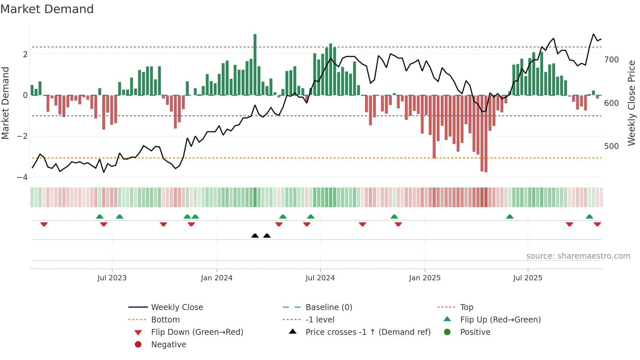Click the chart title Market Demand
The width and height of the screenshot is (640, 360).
(x=47, y=9)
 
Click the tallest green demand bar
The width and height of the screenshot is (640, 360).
(x=255, y=64)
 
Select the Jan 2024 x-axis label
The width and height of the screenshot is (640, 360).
(x=216, y=278)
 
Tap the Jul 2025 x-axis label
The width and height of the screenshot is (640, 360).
(x=527, y=278)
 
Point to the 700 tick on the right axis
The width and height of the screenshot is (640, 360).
(x=611, y=60)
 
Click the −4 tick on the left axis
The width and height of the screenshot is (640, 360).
(x=22, y=177)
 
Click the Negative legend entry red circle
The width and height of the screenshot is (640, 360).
(x=138, y=345)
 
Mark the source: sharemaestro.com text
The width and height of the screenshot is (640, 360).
(x=578, y=256)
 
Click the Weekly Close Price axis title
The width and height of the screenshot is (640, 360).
(x=632, y=103)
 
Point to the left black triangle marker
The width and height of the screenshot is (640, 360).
(x=255, y=236)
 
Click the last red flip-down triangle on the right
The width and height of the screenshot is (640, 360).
(x=597, y=224)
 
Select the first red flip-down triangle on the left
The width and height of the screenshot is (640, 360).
(x=44, y=224)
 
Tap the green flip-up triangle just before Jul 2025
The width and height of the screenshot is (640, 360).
(x=510, y=217)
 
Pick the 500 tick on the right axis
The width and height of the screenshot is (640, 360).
(x=611, y=146)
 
